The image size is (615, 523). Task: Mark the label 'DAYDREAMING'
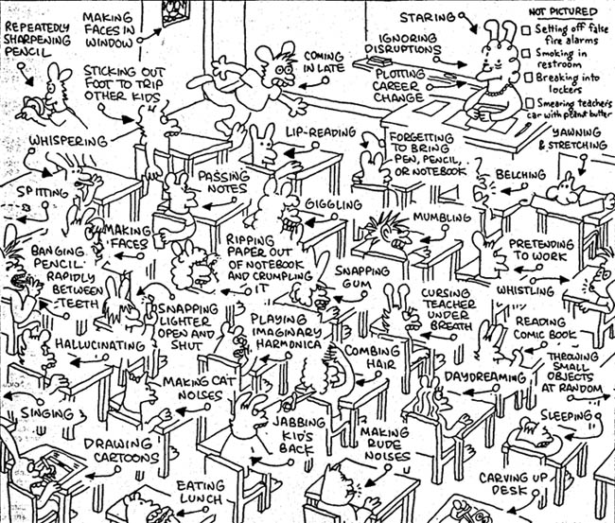(x=485, y=377)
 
